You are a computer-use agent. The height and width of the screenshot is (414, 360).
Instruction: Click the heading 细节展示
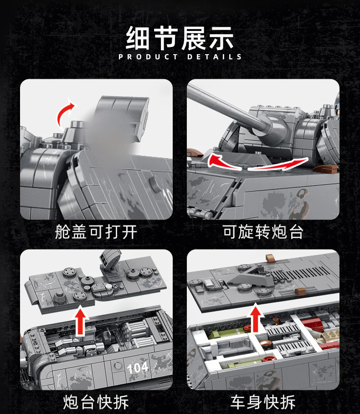[180, 38]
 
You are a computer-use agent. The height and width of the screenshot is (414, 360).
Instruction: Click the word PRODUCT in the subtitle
[148, 57]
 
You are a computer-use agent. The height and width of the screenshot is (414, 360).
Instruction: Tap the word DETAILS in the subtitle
[214, 57]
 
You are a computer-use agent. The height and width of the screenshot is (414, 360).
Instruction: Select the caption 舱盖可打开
[96, 232]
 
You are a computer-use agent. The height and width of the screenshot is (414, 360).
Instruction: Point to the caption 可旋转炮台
[263, 232]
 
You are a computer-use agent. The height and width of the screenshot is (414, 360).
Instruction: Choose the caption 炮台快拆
[96, 402]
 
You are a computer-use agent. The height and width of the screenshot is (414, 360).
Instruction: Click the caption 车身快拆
[263, 402]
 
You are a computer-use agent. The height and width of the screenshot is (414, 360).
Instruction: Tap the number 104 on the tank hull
[137, 368]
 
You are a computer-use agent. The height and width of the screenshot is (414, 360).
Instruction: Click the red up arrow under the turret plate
[82, 321]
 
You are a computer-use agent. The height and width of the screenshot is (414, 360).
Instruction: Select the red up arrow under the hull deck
[255, 317]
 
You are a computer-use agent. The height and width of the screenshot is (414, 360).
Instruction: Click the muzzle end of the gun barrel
[190, 91]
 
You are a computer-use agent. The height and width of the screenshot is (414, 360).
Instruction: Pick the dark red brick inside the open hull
[313, 325]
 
